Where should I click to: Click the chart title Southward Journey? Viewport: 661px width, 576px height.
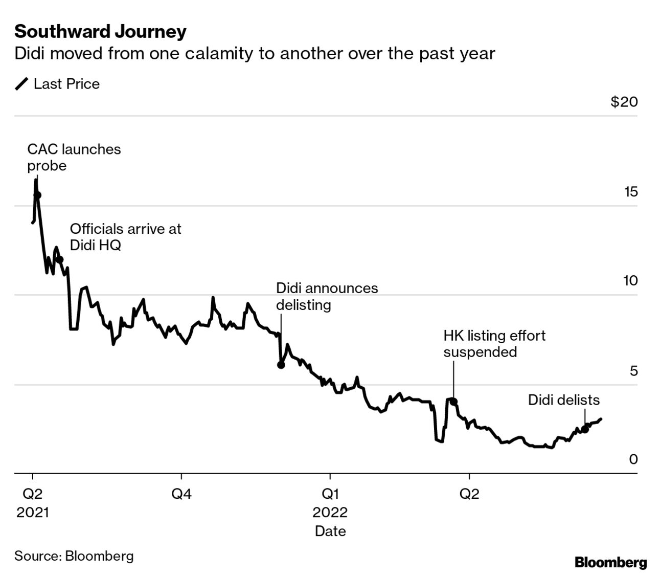[100, 32]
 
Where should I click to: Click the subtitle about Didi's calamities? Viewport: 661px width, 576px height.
[254, 54]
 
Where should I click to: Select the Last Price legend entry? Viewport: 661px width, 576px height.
[57, 84]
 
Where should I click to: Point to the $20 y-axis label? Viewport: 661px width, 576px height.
[624, 102]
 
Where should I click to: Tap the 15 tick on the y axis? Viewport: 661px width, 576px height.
[631, 192]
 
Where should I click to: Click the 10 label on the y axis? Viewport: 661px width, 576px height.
[630, 281]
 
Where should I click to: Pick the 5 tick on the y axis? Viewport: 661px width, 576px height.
[633, 370]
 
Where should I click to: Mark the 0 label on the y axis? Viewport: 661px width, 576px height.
[633, 459]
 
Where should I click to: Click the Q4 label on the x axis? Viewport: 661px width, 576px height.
[181, 494]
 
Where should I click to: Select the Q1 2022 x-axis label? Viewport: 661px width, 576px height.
[330, 503]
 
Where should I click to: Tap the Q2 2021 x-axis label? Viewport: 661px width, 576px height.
[33, 503]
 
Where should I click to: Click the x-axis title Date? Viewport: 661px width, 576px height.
[330, 531]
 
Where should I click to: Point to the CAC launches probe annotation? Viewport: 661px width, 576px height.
[74, 157]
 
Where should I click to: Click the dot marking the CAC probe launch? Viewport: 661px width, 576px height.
[37, 195]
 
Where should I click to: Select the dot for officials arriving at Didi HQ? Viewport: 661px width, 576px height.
[60, 259]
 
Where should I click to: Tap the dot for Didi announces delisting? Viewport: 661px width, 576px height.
[281, 365]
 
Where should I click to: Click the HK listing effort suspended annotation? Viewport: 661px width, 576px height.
[494, 343]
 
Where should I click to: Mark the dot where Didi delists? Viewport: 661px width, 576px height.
[585, 429]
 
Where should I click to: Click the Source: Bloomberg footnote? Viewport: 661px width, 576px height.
[74, 556]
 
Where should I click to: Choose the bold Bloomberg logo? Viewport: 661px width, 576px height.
[610, 563]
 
